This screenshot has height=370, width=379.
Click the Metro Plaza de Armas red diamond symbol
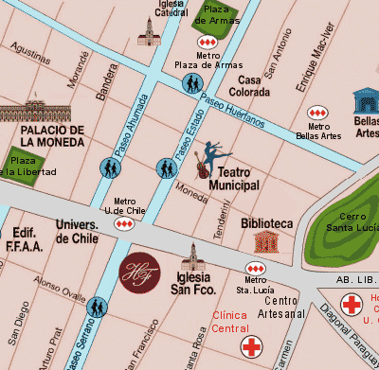pyautogui.click(x=207, y=44)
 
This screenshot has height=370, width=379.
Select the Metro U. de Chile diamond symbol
pyautogui.click(x=124, y=224)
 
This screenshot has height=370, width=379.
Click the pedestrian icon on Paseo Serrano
pyautogui.click(x=96, y=307)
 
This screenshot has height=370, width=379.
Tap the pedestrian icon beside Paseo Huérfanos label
pyautogui.click(x=192, y=84)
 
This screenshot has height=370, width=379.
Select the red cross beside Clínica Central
pyautogui.click(x=251, y=346)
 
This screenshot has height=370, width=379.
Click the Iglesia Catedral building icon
pyautogui.click(x=148, y=34)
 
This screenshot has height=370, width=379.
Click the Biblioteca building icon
pyautogui.click(x=268, y=240)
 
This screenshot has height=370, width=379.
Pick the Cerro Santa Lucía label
pyautogui.click(x=352, y=221)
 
